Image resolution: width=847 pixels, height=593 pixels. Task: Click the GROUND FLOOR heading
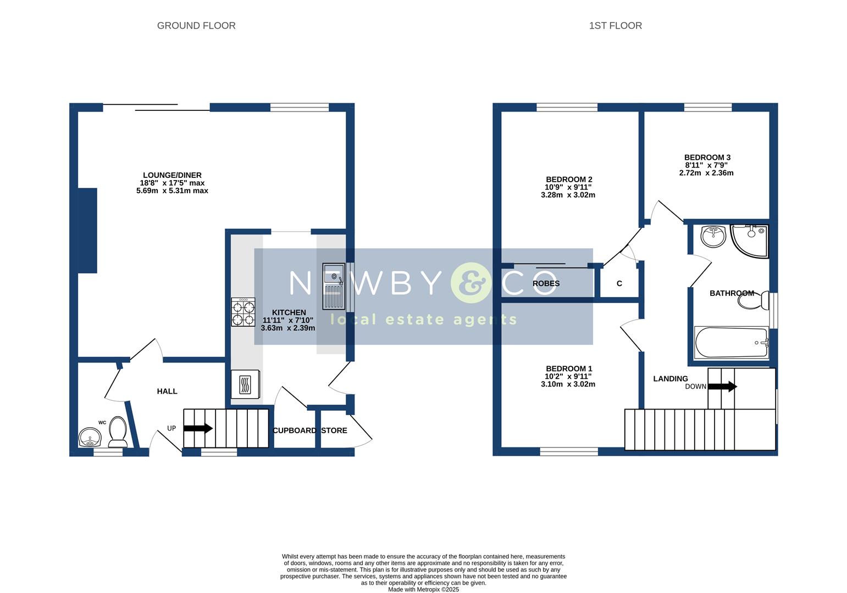click(196, 26)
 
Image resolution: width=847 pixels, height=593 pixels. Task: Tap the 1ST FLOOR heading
click(615, 26)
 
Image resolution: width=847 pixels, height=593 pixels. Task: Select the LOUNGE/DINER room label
click(172, 175)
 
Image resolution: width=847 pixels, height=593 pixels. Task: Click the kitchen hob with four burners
click(243, 312)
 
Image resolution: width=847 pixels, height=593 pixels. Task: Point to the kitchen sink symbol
click(333, 286)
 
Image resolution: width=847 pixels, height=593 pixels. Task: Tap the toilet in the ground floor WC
click(118, 432)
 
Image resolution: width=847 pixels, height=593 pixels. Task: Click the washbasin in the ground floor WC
click(90, 438)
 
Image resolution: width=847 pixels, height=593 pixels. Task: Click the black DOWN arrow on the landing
click(722, 387)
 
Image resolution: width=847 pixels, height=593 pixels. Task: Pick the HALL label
click(167, 391)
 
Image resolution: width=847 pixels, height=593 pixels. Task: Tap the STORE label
click(334, 430)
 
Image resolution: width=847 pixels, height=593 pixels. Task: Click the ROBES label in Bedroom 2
click(546, 284)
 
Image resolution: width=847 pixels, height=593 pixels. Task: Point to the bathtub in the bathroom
click(731, 343)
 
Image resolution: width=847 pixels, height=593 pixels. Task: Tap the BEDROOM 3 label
click(707, 158)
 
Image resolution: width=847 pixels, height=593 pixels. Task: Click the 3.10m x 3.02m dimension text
click(568, 384)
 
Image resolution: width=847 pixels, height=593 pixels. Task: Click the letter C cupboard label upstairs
click(619, 284)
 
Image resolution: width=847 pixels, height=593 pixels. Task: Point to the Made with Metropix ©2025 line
click(423, 590)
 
